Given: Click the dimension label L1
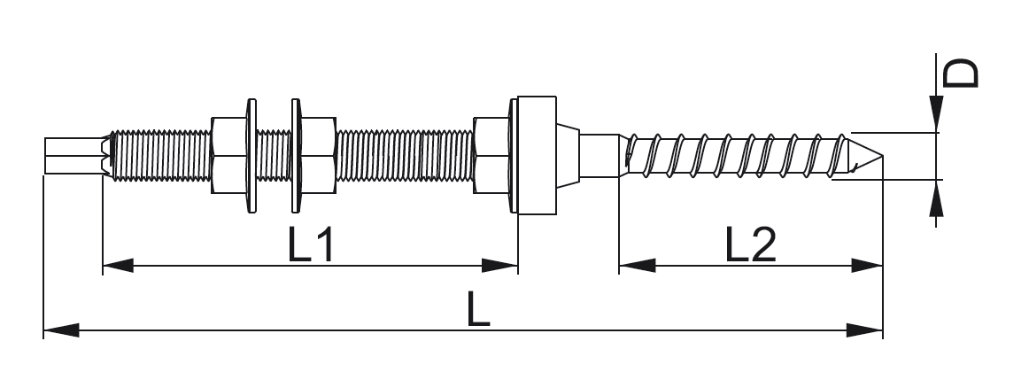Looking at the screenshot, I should (x=311, y=245).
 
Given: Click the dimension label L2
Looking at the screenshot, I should (x=750, y=245).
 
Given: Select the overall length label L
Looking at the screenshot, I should (x=478, y=311).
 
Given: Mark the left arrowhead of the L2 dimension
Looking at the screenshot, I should (x=634, y=265).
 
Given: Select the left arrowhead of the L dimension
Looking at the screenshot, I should (x=58, y=331).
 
